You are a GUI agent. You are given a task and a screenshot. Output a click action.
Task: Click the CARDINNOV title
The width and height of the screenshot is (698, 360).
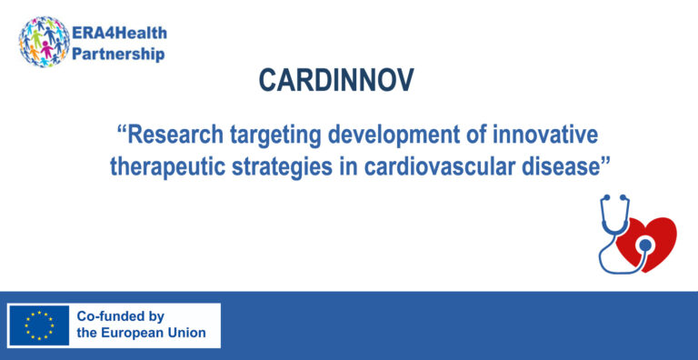point(336,81)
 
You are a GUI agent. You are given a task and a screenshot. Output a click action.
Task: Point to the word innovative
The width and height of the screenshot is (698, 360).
point(550,136)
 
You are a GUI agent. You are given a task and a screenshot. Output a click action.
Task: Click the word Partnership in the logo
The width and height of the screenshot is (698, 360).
point(119,54)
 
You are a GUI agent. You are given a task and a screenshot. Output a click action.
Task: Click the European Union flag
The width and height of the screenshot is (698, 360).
point(38,325)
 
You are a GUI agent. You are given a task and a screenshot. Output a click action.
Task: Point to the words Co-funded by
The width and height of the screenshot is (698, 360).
point(120,316)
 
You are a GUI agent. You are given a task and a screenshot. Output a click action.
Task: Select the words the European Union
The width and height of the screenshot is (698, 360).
point(141,334)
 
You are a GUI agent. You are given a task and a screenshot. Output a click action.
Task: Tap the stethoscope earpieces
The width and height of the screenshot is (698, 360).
point(611,202)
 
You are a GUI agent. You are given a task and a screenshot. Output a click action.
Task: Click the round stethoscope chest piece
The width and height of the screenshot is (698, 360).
point(644,245)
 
